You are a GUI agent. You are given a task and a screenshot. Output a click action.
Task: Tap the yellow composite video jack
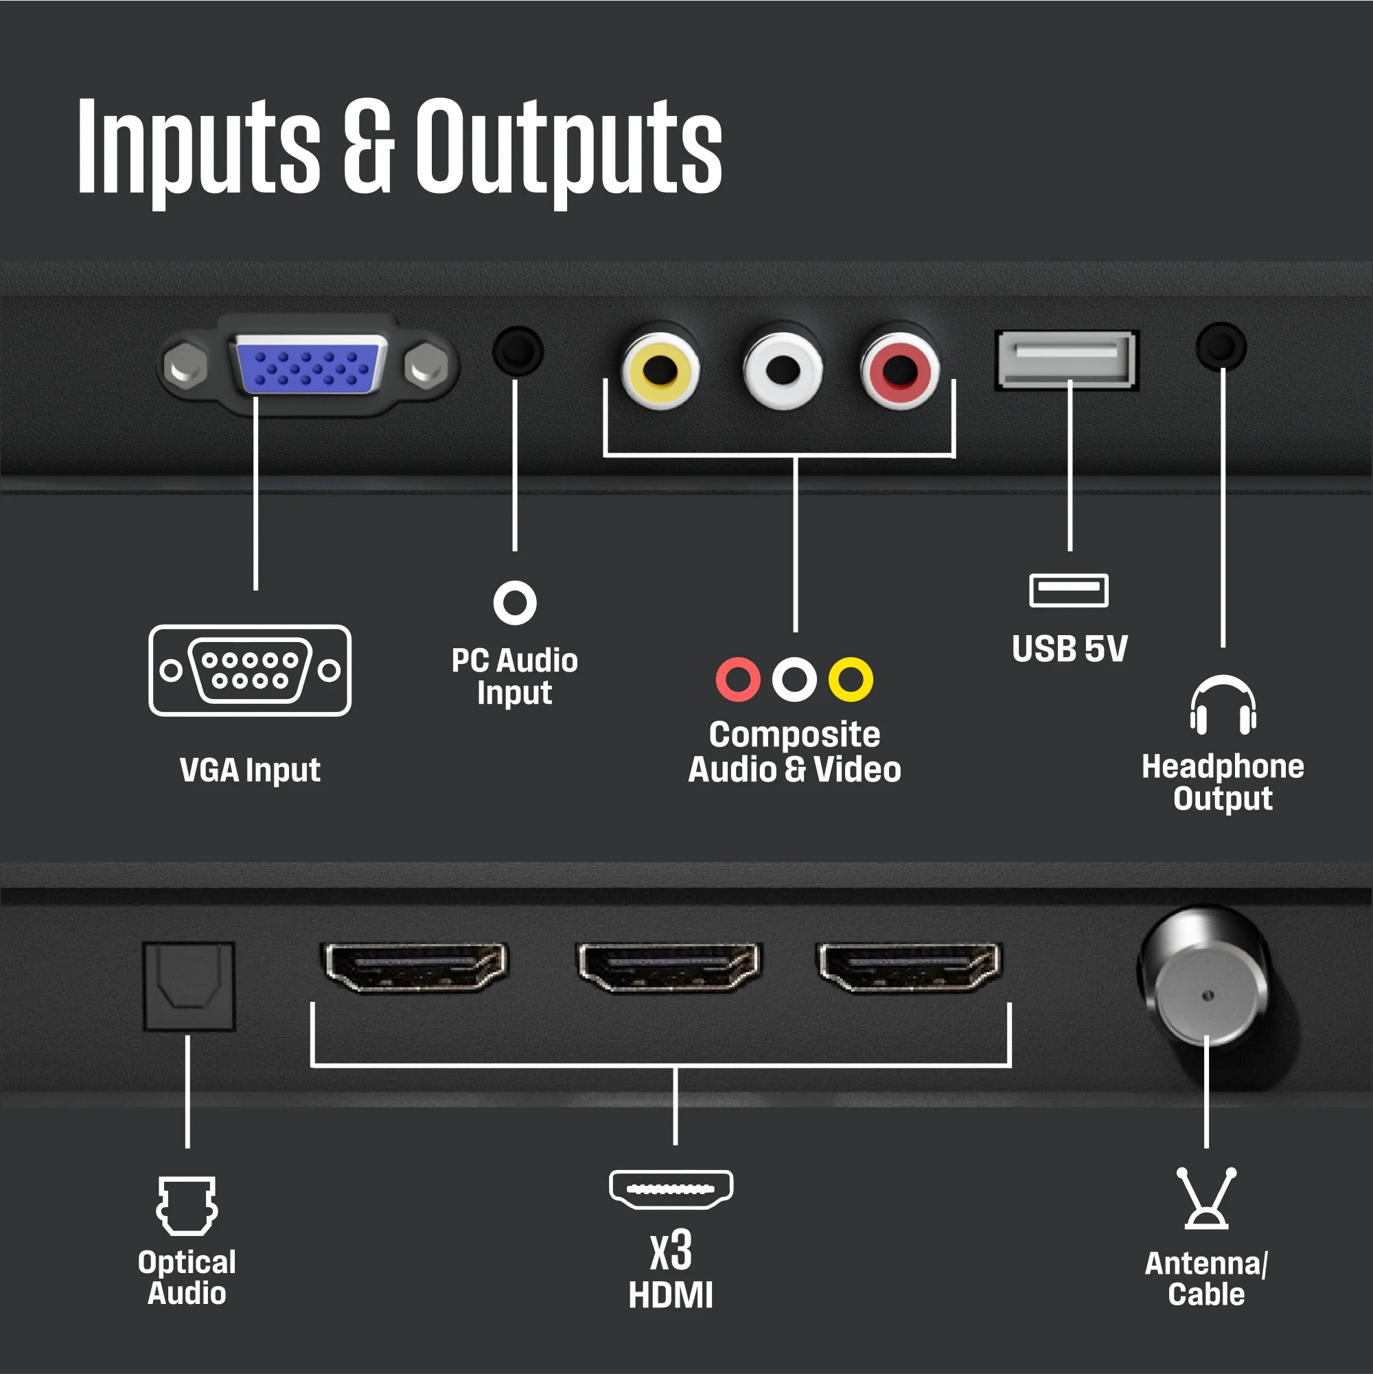(x=660, y=371)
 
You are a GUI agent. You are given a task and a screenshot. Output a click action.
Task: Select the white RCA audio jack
(x=782, y=371)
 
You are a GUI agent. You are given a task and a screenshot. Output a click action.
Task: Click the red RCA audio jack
(x=899, y=371)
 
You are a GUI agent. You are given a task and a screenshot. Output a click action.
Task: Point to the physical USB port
(x=1066, y=359)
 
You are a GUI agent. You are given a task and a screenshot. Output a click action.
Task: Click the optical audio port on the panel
(x=188, y=986)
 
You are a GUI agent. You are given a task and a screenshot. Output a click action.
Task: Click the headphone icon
(x=1223, y=705)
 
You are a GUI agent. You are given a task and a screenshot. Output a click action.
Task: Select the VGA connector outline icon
(x=250, y=670)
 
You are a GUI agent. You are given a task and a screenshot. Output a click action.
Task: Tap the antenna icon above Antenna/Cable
(x=1207, y=1198)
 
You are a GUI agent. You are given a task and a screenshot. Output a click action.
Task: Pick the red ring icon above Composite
(x=738, y=680)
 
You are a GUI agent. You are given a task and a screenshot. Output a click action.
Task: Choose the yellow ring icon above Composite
(x=851, y=680)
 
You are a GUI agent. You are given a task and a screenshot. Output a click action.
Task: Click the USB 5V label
(x=1070, y=649)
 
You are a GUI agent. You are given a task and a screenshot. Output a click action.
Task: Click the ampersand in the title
(x=367, y=146)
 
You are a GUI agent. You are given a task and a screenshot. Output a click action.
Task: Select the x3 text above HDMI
(x=671, y=1251)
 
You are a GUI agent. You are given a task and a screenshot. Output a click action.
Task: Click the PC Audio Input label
(x=515, y=676)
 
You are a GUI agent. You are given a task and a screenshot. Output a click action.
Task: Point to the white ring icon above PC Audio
(x=515, y=603)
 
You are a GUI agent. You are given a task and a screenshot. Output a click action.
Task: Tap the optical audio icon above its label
(x=187, y=1206)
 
